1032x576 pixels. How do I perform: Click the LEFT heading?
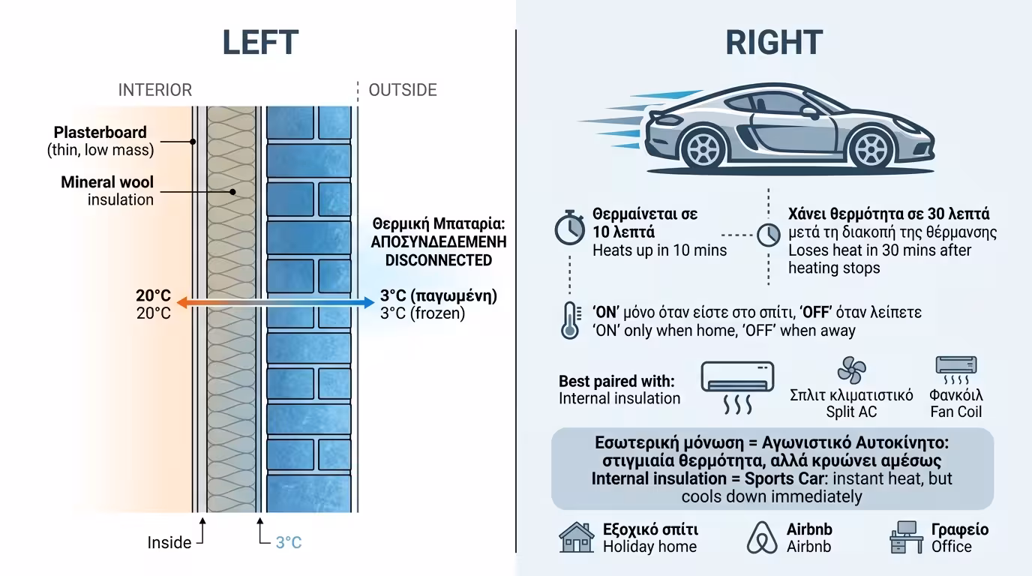pyautogui.click(x=260, y=43)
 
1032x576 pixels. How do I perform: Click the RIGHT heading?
pyautogui.click(x=774, y=43)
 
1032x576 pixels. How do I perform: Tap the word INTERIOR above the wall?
pyautogui.click(x=154, y=90)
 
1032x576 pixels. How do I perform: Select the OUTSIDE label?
pyautogui.click(x=403, y=90)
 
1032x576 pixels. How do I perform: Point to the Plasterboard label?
pyautogui.click(x=100, y=132)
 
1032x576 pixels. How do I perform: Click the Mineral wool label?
pyautogui.click(x=107, y=182)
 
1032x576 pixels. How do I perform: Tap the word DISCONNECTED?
pyautogui.click(x=439, y=260)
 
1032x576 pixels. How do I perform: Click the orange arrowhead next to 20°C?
pyautogui.click(x=182, y=302)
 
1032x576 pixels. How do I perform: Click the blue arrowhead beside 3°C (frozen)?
pyautogui.click(x=369, y=302)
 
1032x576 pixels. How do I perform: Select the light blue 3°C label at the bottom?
pyautogui.click(x=289, y=542)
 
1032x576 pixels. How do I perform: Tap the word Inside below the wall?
pyautogui.click(x=169, y=542)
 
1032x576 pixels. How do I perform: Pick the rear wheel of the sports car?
pyautogui.click(x=703, y=148)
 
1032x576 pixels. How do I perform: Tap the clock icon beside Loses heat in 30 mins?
pyautogui.click(x=769, y=235)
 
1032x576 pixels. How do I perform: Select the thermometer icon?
pyautogui.click(x=570, y=321)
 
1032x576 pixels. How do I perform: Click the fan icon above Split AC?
pyautogui.click(x=851, y=370)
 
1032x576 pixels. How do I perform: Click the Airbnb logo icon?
pyautogui.click(x=762, y=537)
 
